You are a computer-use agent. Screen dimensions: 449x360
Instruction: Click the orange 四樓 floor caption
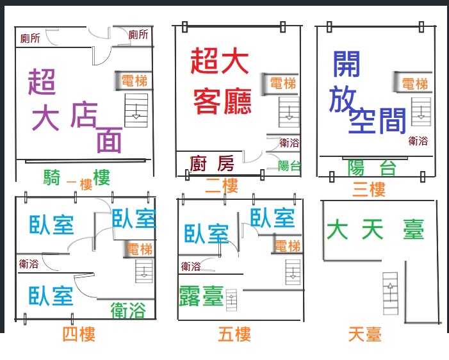coord(79,334)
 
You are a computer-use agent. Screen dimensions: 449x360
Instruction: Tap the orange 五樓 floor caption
coord(234,334)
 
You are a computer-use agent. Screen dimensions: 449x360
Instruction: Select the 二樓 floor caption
coord(222,186)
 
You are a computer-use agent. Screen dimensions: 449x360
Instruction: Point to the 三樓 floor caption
coord(369,189)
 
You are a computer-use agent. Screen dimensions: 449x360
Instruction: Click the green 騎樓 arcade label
coord(77,177)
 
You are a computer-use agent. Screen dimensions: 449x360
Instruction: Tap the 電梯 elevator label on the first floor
coord(135,81)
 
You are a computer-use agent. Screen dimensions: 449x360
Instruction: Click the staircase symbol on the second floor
coord(289,112)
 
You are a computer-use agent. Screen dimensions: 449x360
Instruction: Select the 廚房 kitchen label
coord(211,163)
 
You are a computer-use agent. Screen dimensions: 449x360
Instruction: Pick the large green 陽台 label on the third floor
coord(371,168)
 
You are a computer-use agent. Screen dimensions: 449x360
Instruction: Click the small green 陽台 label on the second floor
coord(290,166)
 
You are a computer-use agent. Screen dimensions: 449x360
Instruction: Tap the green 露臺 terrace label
coord(201,296)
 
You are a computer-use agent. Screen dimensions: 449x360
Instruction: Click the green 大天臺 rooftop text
coord(375,229)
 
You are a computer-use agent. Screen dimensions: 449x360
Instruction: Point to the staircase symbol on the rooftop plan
coord(390,293)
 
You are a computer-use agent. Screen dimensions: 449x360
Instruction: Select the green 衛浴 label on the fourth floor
coord(128,311)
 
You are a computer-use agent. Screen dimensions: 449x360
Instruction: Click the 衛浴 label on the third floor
coord(418,141)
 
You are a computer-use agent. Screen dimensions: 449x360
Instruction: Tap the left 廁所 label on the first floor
coord(30,38)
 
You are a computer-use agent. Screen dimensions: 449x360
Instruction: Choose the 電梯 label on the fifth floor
coord(288,247)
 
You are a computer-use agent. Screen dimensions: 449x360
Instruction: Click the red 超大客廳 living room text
coord(220,81)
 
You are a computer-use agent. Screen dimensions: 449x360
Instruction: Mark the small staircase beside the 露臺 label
coord(231,300)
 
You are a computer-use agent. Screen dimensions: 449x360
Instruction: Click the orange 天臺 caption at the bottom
coord(365,334)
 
